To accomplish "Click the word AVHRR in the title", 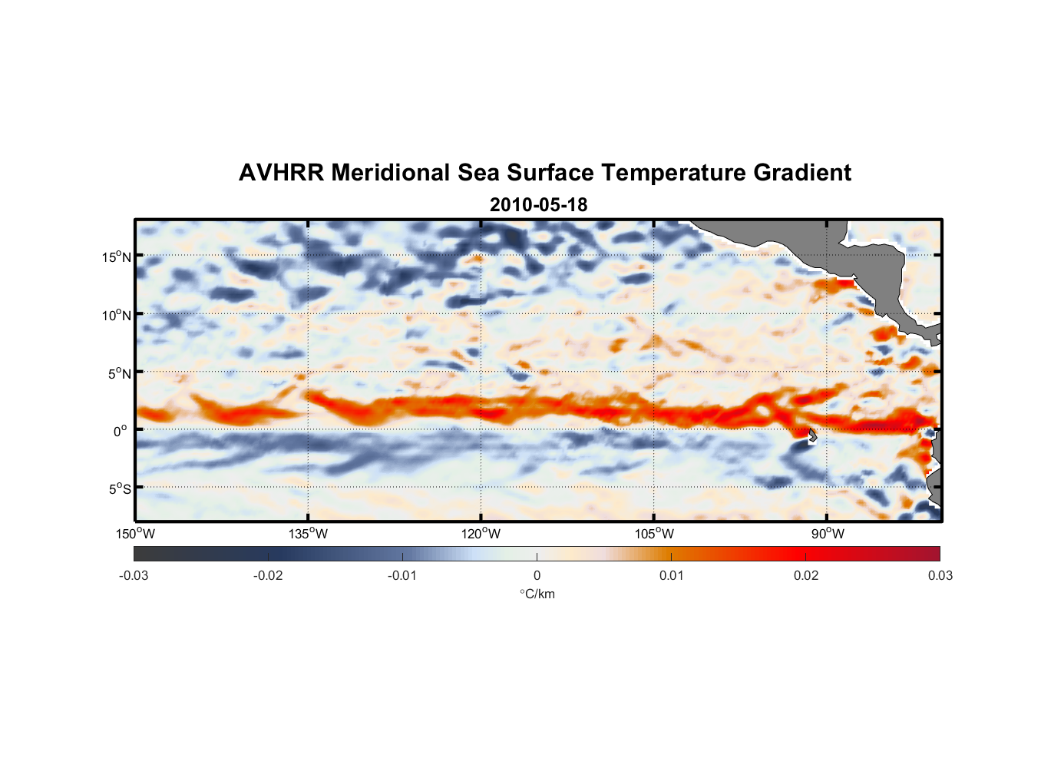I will point(281,173).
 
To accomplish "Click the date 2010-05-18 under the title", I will point(538,205).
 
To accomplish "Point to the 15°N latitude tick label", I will point(117,257).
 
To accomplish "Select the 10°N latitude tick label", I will point(117,316).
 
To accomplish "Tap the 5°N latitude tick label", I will point(119,374).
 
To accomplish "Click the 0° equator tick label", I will point(121,432).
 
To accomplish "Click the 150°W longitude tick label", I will point(136,534).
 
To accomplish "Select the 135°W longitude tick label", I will point(309,534).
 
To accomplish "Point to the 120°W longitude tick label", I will point(481,534).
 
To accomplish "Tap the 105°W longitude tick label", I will point(654,534).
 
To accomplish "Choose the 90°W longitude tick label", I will point(828,534).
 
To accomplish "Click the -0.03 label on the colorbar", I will point(134,576).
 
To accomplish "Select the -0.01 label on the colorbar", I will point(402,576).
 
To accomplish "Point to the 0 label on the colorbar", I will point(537,576).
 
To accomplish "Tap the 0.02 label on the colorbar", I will point(806,576).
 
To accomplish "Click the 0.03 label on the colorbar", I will point(940,576).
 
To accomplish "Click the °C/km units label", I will point(537,594).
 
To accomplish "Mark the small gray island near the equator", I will point(811,435).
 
